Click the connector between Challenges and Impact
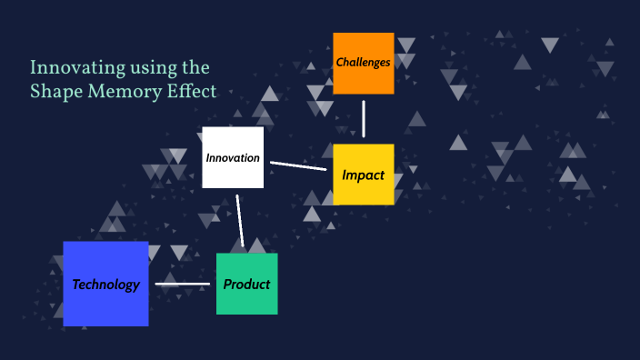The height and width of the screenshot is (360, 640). coord(364,118)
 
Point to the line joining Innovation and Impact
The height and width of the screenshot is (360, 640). coord(298,165)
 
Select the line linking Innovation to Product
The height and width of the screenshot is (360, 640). coord(240,220)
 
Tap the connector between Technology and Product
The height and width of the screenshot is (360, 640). coord(182,285)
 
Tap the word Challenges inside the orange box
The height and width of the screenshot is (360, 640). coord(363,63)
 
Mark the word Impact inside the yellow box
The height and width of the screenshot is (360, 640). coord(363,175)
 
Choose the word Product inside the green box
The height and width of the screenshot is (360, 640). coord(246,284)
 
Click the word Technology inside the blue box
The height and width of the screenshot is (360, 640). coord(105,285)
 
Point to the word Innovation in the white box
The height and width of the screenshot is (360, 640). coord(233,157)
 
